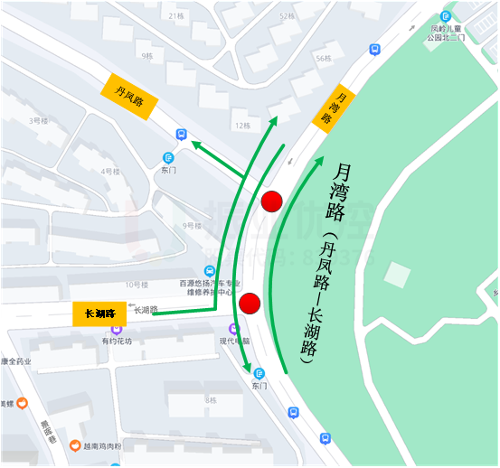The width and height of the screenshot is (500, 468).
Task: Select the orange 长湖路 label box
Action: tap(99, 314)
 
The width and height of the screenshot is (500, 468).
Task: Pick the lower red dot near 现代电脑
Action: tap(250, 303)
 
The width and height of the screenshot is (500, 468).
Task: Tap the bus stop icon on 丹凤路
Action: tap(182, 135)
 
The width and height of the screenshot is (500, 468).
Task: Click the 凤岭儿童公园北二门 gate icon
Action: tap(446, 16)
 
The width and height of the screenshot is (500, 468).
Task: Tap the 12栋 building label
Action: tap(241, 125)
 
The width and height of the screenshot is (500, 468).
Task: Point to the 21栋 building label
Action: tap(176, 16)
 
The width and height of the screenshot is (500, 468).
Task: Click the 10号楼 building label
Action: tap(136, 284)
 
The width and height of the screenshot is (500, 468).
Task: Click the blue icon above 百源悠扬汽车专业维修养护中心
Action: tap(210, 270)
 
